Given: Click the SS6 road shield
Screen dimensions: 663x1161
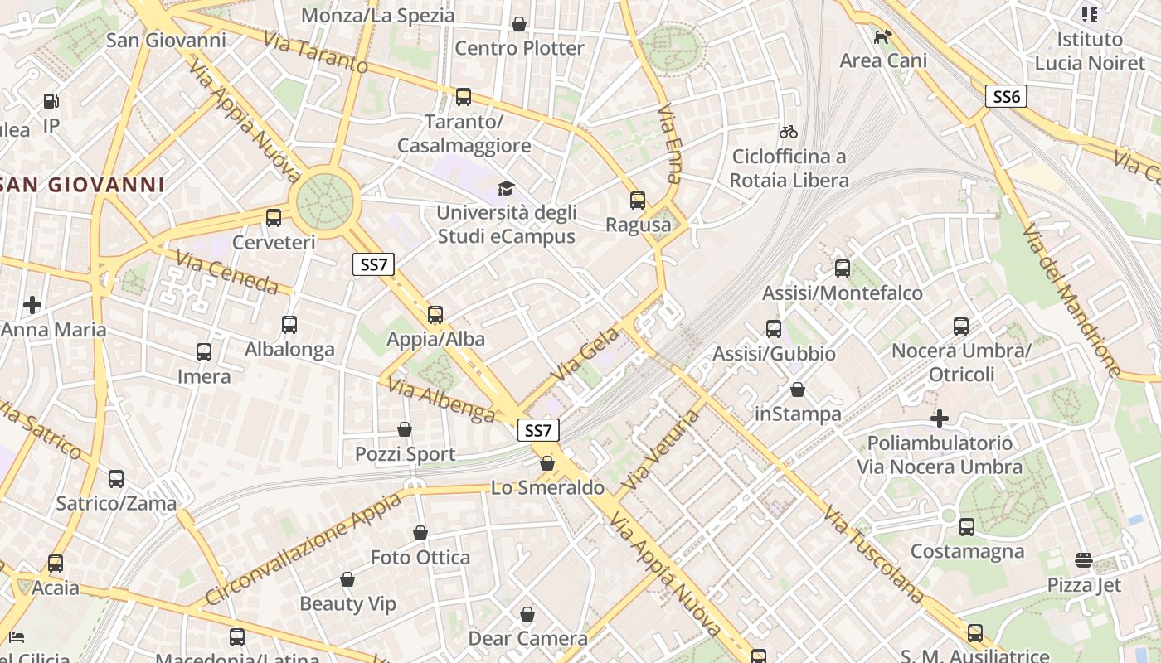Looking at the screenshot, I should coord(1006,97).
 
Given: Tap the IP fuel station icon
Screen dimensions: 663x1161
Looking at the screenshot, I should coord(51,101).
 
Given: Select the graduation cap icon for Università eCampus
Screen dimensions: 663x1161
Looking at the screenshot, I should coord(506,188).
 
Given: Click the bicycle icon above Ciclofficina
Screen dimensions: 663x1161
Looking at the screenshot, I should coord(789,132).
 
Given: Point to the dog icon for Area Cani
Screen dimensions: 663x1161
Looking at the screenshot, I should coord(883,36).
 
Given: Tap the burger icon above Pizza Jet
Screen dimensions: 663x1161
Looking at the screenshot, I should coord(1084,560).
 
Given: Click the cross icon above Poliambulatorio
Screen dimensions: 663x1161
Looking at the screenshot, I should coord(939,419).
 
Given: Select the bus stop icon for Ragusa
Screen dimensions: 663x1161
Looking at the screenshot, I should coord(638,201).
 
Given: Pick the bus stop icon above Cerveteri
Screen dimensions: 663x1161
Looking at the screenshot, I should coord(274,219).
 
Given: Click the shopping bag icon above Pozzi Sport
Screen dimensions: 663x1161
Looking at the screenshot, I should coord(405,429).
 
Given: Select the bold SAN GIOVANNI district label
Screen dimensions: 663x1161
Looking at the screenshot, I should coord(83,184).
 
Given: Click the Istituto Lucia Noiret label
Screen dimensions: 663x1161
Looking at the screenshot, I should coord(1090,51).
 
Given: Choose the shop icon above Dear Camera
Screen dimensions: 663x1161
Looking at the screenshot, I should coord(527,615).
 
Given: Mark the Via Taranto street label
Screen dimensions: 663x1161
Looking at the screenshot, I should coord(316,52).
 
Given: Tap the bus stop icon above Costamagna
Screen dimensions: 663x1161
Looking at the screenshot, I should coord(967,527).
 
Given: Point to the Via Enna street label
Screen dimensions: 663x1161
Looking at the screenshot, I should coord(670,143).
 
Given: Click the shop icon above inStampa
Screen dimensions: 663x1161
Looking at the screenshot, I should coord(798,390).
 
